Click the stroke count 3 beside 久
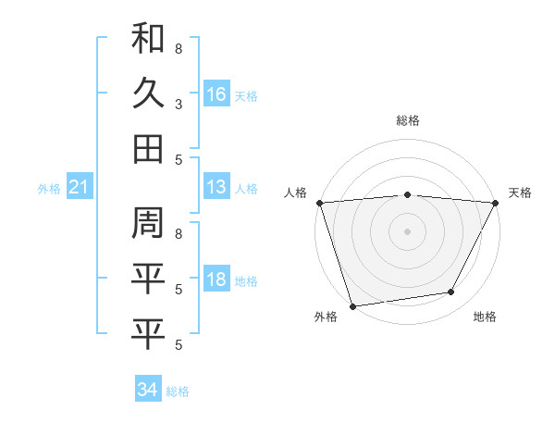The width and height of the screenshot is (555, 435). point(178,104)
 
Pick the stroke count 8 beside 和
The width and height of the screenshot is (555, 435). point(178,48)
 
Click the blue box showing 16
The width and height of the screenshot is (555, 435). point(216,93)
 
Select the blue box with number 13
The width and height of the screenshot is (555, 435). point(216,188)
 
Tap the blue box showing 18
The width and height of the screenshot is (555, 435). point(216,280)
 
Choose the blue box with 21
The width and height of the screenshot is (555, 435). point(79,188)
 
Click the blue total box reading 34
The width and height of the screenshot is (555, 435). point(147,390)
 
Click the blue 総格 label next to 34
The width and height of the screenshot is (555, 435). point(178,391)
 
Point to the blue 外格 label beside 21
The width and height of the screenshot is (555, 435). point(49,189)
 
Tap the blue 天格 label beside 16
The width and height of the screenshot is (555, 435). point(246,95)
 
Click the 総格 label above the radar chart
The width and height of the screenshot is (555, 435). point(407,120)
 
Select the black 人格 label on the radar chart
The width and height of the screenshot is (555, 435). point(296,193)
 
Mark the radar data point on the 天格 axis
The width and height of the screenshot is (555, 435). point(495,203)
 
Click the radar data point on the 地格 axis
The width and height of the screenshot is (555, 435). point(451,292)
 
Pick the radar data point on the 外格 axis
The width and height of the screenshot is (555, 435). point(352,306)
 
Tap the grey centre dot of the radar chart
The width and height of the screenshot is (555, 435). point(407,231)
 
